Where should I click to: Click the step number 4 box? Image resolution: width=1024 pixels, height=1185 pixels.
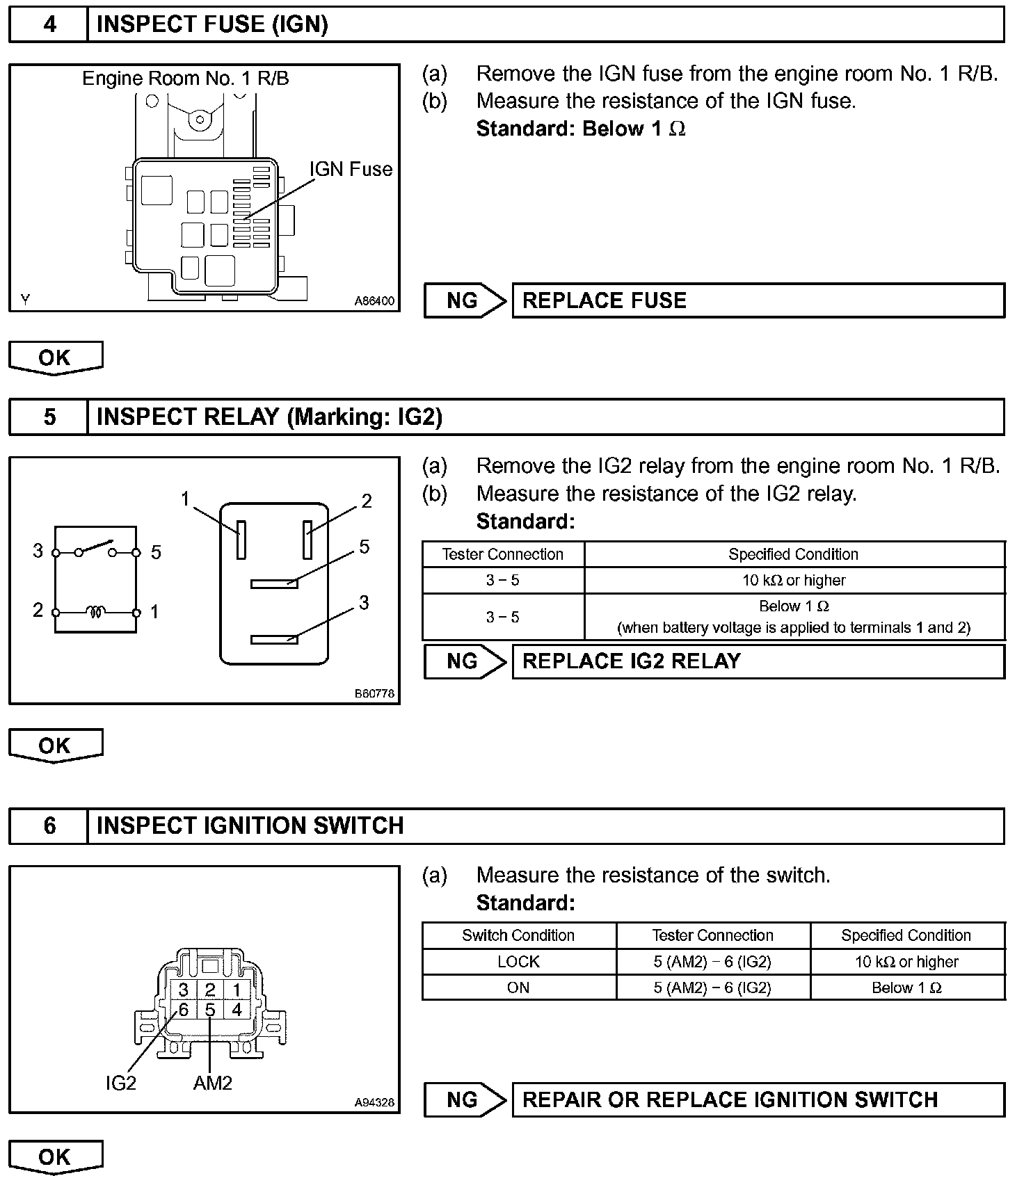pos(49,25)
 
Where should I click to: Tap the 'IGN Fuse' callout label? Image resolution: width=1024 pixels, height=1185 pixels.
pos(351,169)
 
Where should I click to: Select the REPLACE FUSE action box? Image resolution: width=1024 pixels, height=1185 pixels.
pos(758,300)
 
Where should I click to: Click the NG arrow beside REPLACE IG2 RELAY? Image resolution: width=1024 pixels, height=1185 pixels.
pos(465,661)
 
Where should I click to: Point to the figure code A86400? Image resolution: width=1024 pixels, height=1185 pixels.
pos(374,301)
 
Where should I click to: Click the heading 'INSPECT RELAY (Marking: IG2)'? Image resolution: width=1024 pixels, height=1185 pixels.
pos(269,417)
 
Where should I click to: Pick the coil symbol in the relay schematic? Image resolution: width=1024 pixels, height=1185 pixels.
pos(96,612)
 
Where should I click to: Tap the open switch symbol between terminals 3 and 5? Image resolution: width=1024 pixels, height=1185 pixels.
pos(96,548)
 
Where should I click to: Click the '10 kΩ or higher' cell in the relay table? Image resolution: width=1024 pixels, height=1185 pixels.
pos(794,580)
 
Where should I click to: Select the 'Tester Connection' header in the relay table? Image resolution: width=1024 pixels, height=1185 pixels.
pos(502,554)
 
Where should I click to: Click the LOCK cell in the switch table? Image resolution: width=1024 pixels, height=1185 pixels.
pos(518,962)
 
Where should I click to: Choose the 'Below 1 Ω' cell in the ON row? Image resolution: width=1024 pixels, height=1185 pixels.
pos(906,987)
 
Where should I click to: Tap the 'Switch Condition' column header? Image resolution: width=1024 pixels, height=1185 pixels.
pos(518,935)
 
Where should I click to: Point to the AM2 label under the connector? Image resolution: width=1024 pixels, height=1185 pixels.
pos(212,1083)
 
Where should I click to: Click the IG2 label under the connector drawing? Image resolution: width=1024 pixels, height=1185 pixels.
pos(120,1083)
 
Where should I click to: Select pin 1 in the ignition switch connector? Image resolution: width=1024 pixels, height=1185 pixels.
pos(237,990)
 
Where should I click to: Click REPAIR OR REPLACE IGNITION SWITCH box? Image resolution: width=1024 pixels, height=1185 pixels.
pos(758,1099)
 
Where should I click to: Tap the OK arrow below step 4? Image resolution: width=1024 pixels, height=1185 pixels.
pos(55,357)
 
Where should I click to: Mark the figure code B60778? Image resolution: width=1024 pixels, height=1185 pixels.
pos(374,693)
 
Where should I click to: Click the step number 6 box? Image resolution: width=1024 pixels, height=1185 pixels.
pos(49,825)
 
